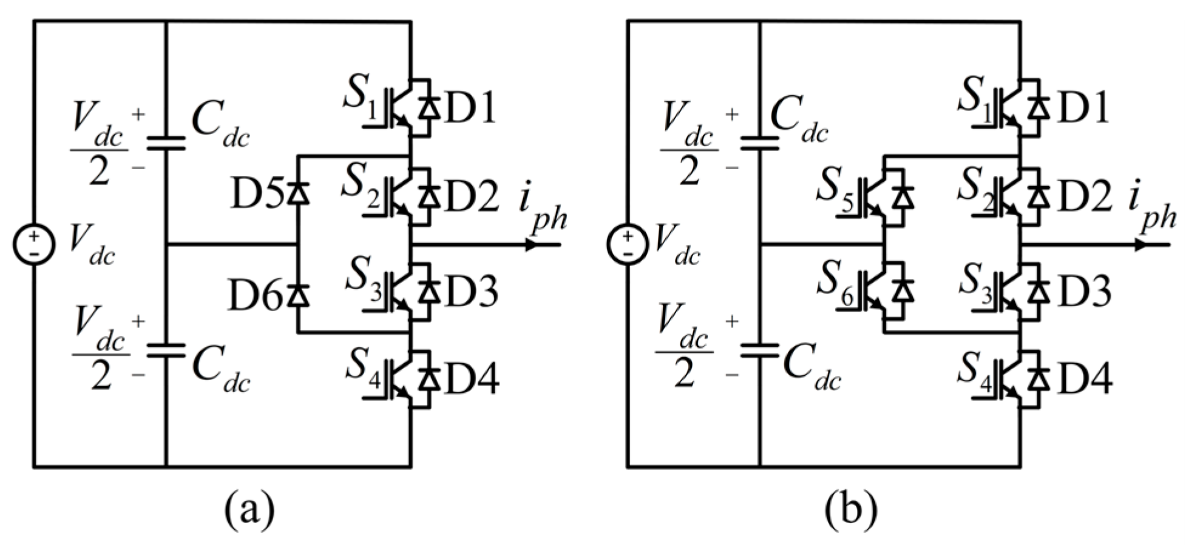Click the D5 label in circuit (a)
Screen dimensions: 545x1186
256,195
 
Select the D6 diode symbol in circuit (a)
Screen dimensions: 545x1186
298,295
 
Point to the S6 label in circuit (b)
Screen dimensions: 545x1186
836,283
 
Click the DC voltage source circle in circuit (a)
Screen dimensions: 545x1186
34,244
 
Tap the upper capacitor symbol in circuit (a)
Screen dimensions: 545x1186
166,142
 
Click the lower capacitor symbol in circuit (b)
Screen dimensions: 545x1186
760,350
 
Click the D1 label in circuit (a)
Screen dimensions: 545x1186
469,108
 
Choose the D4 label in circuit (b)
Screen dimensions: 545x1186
1085,379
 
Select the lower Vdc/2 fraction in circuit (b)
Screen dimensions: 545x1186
686,350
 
